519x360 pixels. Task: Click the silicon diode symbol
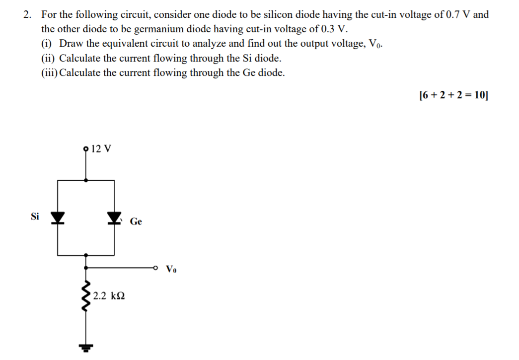tap(58, 217)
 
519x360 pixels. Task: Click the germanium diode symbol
tap(115, 217)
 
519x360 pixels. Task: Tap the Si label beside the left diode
tap(35, 216)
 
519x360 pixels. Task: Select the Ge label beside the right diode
tap(136, 222)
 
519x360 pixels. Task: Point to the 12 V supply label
tap(102, 148)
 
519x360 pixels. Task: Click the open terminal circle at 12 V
tap(86, 148)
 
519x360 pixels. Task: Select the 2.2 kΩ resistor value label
tap(108, 296)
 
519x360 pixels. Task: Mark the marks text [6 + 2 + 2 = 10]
tap(453, 95)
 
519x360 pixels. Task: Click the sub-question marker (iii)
tap(50, 72)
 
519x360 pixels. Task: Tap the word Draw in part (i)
tap(71, 44)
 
